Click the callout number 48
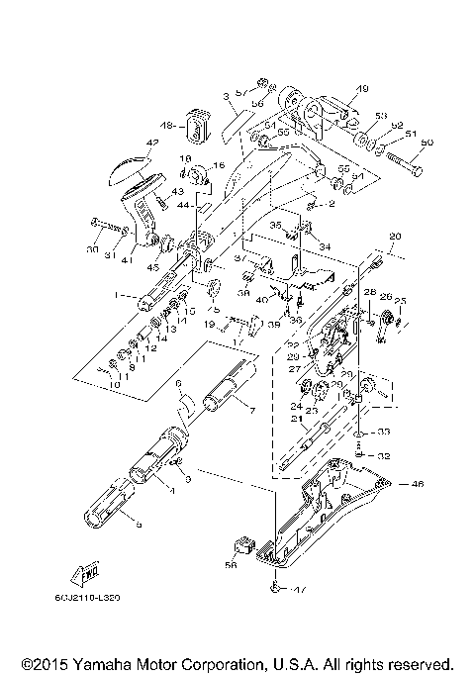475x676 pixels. click(166, 126)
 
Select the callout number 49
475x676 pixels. click(361, 87)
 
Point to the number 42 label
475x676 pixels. click(151, 143)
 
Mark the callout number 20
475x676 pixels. click(395, 237)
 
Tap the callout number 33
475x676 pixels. click(383, 432)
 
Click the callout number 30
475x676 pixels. click(92, 251)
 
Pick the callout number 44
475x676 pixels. click(184, 204)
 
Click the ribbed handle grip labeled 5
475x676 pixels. click(109, 516)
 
